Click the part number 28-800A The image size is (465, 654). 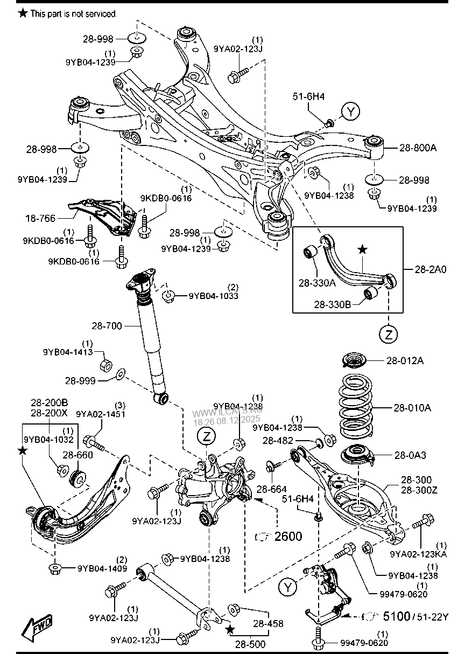(x=418, y=147)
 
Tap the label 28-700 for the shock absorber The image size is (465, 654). (x=107, y=326)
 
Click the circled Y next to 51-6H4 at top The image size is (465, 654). (x=351, y=112)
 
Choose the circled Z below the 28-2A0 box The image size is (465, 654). (x=388, y=335)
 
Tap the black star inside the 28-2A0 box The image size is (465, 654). (x=363, y=249)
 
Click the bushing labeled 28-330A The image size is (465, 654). (x=311, y=252)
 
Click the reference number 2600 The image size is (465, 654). (x=288, y=536)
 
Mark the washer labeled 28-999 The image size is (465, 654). (x=121, y=372)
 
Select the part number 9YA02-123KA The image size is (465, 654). (x=418, y=553)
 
